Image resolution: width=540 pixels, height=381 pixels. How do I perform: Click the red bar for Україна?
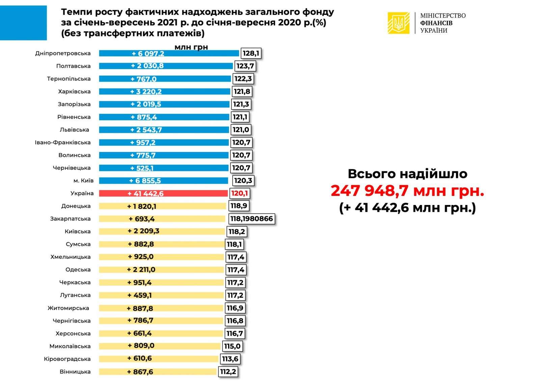point(163,193)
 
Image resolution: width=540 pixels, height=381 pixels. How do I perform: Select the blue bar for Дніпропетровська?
point(169,53)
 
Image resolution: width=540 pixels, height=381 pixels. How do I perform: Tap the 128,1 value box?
point(251,53)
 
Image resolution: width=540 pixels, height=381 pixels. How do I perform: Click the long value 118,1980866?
point(251,219)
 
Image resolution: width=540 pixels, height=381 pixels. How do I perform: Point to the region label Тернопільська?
point(69,79)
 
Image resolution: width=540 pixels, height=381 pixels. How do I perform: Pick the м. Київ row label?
point(83,181)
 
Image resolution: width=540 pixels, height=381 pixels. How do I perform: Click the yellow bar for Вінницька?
point(158,372)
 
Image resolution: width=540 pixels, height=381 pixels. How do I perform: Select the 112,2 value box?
point(228,372)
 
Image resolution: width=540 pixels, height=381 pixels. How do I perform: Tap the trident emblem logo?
point(399,23)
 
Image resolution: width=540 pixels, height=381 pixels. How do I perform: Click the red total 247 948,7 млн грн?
point(407,191)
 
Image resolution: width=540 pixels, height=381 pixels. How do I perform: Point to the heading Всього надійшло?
point(407,174)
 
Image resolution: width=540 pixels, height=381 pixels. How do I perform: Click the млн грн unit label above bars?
point(191,47)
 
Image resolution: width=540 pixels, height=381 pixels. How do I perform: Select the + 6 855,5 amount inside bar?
point(145,181)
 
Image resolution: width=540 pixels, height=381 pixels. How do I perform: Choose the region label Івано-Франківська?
point(63,142)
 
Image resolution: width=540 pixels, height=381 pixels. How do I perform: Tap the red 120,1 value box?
point(240,194)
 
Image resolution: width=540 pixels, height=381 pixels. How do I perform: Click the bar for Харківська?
point(164,91)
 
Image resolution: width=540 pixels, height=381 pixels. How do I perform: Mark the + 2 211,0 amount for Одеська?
point(141,270)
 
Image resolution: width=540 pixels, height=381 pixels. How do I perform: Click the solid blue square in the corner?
point(23,23)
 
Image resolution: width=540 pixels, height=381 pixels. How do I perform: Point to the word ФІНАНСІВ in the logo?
point(436,23)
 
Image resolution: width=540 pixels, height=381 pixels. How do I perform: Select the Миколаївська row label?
point(70,346)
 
